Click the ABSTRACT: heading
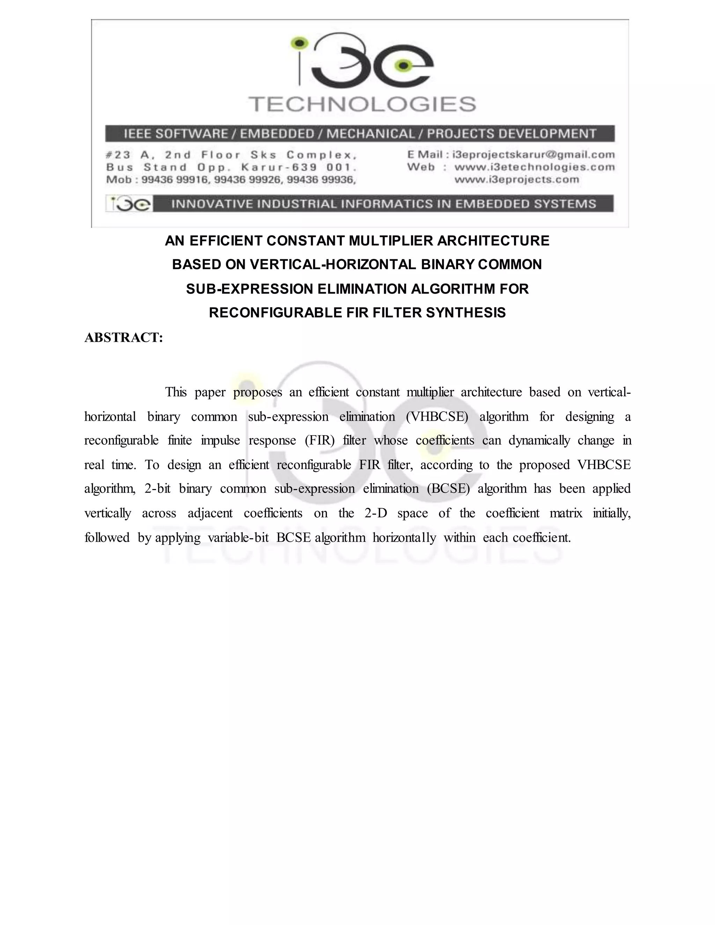(124, 338)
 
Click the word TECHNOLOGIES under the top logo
(362, 104)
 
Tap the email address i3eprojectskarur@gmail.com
(533, 155)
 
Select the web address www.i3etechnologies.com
(534, 167)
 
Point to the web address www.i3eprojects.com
(516, 179)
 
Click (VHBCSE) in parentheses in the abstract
(437, 417)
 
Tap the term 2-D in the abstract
(375, 513)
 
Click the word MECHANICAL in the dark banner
(370, 134)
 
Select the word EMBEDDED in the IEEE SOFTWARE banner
(277, 134)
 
